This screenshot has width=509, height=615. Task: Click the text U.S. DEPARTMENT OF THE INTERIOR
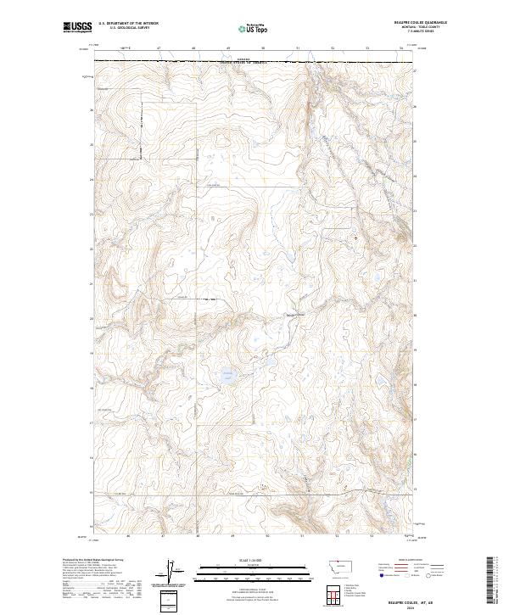128,23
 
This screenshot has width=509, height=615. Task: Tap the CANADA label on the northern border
244,59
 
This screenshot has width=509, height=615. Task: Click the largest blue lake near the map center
227,374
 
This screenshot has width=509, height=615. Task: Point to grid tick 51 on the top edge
298,49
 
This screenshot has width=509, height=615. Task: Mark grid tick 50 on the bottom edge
267,536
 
